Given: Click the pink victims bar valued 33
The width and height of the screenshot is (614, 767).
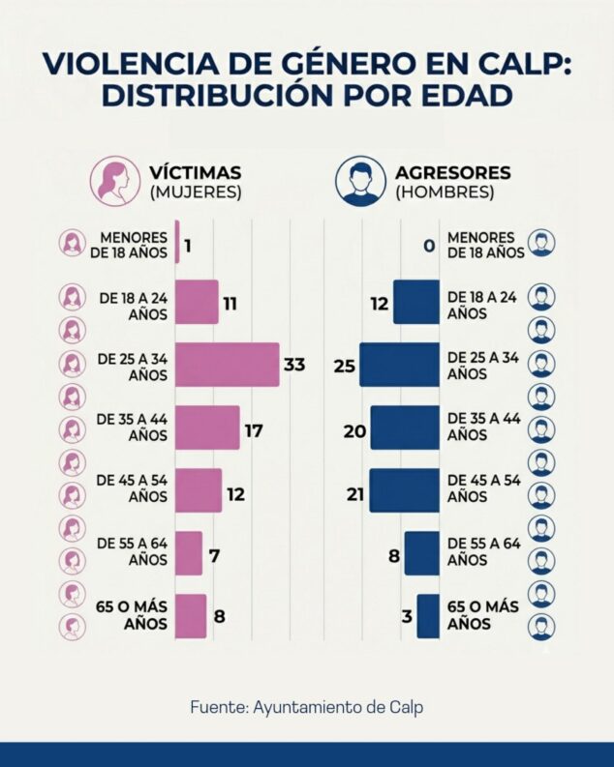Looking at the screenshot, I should pos(227,365).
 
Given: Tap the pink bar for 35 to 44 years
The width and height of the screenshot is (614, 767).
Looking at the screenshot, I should pos(207,428).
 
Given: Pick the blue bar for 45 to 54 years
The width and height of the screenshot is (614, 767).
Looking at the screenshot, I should pos(404,491).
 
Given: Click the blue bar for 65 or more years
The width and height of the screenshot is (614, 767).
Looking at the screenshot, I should pos(428,616).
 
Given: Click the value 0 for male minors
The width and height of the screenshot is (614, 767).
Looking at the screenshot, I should pos(427,245).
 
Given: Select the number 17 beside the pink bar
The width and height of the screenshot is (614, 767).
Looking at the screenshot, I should pos(254,430).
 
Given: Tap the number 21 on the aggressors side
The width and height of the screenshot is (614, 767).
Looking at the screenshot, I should pos(354,494).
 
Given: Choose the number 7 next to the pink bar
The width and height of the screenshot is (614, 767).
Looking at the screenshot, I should pos(214,557).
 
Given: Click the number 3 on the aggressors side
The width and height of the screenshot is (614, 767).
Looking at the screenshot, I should pos(407,617).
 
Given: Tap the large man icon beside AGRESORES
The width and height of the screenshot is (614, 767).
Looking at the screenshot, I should pos(360,181).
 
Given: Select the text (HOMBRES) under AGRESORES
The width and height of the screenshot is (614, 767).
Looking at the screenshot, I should pos(445,192).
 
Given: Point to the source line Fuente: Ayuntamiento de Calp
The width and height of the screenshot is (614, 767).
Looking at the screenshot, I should pos(306,707).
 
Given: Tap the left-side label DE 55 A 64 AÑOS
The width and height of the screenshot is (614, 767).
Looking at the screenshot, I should pos(134,551).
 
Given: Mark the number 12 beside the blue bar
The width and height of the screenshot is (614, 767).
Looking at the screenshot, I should pos(378,305).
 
